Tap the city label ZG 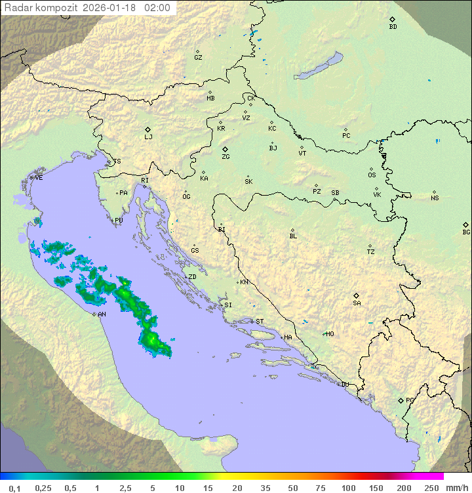[x=226, y=157]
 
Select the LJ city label [x=148, y=137]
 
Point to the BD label [x=393, y=27]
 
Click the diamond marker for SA [x=357, y=295]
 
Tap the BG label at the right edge [x=466, y=232]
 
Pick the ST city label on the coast [x=260, y=322]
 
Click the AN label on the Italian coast [x=102, y=314]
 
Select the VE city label [x=39, y=178]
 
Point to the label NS [x=435, y=198]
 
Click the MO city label [x=330, y=334]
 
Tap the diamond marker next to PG [x=401, y=400]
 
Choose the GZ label [x=198, y=58]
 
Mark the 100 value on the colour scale [x=348, y=488]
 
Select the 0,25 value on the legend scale [x=43, y=488]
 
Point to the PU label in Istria [x=119, y=221]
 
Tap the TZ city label [x=370, y=252]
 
